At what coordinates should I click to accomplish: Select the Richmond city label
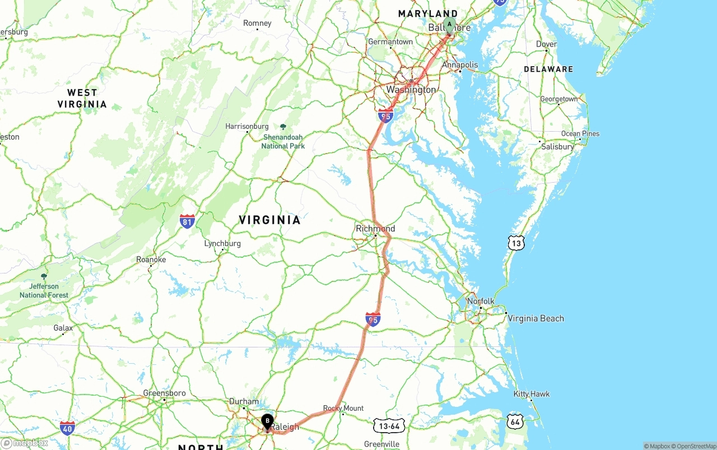tap(375, 229)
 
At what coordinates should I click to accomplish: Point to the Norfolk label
tap(481, 301)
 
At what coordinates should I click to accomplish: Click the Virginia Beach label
tap(536, 318)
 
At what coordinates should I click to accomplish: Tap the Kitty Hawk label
tap(532, 394)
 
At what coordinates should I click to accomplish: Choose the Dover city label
tap(546, 44)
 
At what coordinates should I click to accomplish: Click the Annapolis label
tap(460, 65)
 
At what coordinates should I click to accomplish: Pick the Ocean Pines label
tap(580, 134)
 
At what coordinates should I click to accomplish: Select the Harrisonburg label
tap(247, 127)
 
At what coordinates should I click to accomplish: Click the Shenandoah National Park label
tap(283, 141)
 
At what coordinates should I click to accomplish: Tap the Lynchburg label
tap(222, 244)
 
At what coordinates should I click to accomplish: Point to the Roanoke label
tap(151, 260)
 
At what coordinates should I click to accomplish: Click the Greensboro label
tap(164, 393)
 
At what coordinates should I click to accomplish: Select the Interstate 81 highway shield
tap(188, 221)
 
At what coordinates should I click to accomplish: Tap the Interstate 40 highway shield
tap(67, 428)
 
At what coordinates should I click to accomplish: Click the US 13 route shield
tap(516, 243)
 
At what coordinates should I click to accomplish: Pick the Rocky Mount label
tap(343, 409)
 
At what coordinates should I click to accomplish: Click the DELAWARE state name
tap(548, 69)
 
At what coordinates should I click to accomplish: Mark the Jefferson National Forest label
tap(44, 290)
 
